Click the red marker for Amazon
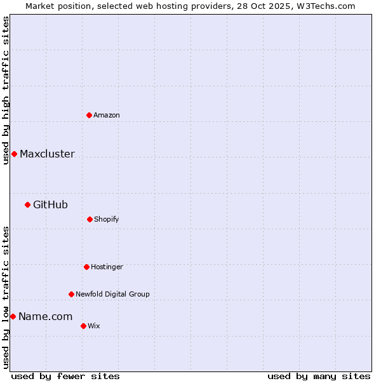click(89, 115)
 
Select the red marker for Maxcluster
click(14, 154)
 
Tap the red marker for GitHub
click(27, 204)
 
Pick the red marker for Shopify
click(90, 219)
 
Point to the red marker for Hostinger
click(86, 267)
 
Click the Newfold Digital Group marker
click(71, 294)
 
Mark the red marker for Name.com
click(13, 316)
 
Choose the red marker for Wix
click(83, 326)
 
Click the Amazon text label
click(107, 115)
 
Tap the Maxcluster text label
click(47, 154)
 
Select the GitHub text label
click(50, 204)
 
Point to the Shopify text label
click(107, 219)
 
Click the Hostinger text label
click(107, 267)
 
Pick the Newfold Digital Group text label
click(112, 294)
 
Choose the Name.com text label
click(45, 316)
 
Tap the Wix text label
click(94, 326)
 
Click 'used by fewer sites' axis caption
click(65, 376)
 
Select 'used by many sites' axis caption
click(319, 376)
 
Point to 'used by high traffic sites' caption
click(6, 90)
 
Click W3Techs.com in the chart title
click(324, 6)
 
